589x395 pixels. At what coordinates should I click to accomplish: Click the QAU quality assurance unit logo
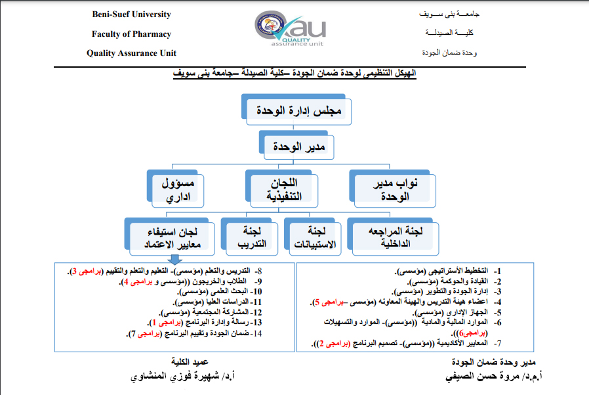[289, 31]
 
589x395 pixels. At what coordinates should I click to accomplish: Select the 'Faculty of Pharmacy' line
[131, 34]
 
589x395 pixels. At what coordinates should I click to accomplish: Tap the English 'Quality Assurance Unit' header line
[131, 53]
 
